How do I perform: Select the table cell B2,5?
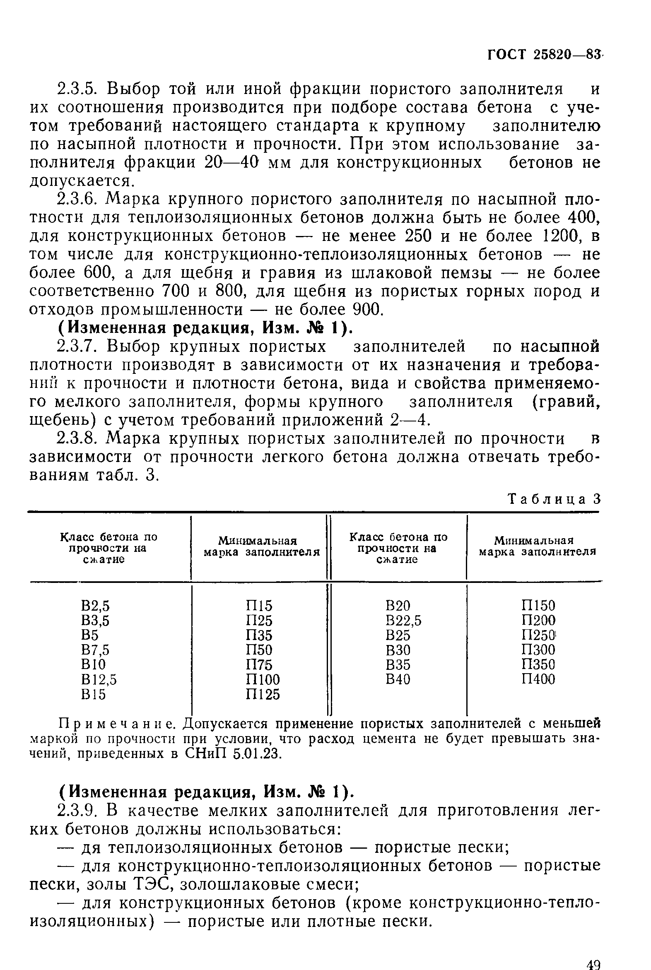click(x=96, y=606)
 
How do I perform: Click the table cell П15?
click(x=259, y=606)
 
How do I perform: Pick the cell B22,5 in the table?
click(x=403, y=621)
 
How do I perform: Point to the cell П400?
click(x=538, y=679)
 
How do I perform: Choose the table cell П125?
click(x=263, y=694)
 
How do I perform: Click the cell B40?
click(x=397, y=679)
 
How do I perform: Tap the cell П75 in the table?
click(x=259, y=665)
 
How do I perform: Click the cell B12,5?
click(x=99, y=679)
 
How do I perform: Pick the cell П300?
click(x=538, y=650)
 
